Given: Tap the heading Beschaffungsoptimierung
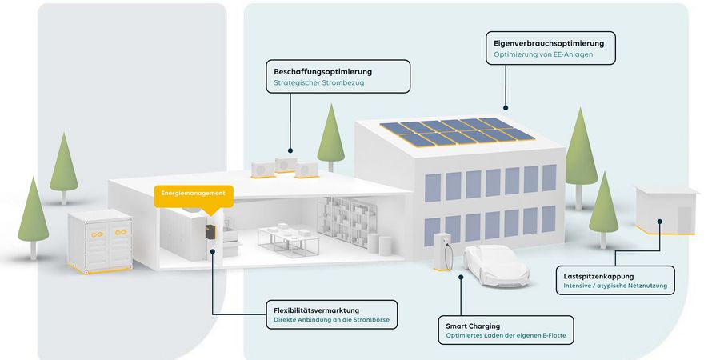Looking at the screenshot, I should (323, 71).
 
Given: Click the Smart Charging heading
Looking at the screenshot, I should (473, 326).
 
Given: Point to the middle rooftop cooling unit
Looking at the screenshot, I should (285, 165).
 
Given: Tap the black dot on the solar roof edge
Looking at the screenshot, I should (506, 106).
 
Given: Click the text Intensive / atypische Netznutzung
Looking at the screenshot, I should (614, 286).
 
